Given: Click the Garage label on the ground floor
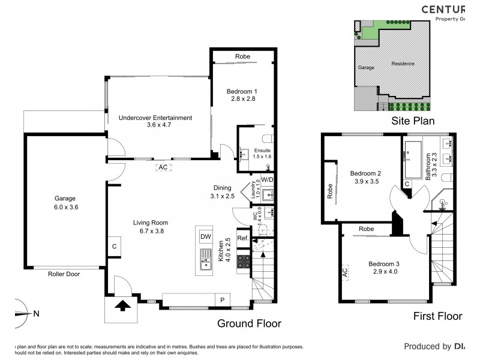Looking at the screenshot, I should (x=66, y=198).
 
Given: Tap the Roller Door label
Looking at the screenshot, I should (x=64, y=274).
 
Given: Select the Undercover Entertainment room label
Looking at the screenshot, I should (x=155, y=118).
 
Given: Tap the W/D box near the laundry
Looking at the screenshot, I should (x=267, y=179).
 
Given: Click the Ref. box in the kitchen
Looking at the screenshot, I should (x=243, y=238).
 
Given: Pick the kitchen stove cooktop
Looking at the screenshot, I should (x=244, y=261).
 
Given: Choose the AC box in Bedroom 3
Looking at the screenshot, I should (x=345, y=272).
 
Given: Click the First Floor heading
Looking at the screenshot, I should (x=437, y=316).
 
